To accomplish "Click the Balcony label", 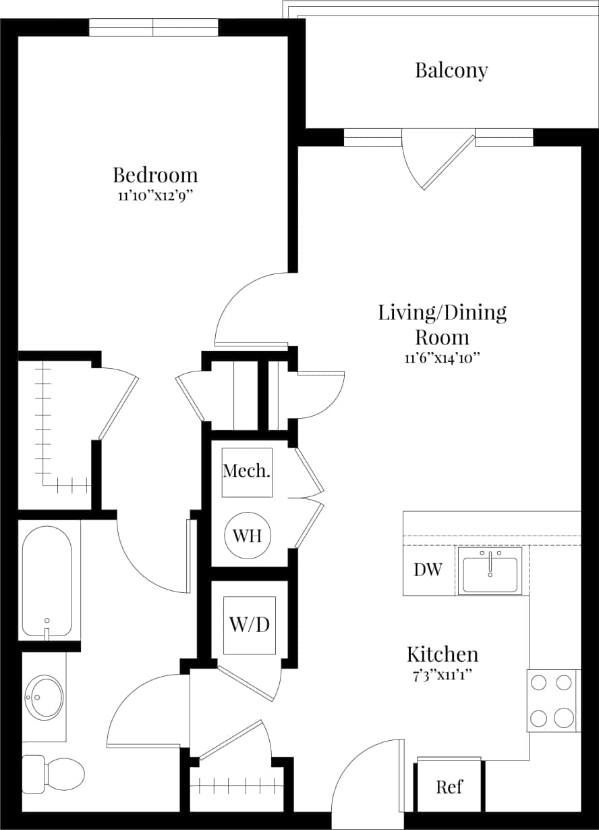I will (x=451, y=71).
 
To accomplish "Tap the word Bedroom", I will (x=155, y=176).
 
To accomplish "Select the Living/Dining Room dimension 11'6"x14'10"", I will (x=442, y=358).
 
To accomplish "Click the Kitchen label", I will (x=443, y=654).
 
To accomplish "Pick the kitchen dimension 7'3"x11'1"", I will (x=443, y=675).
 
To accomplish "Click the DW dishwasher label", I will (x=428, y=570).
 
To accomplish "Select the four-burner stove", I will (x=552, y=700).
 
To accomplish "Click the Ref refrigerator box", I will (x=449, y=787).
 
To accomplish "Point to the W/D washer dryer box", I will (x=250, y=625).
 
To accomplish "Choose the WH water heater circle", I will (x=248, y=536).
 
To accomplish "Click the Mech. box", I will (x=247, y=472).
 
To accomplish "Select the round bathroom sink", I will (x=45, y=696).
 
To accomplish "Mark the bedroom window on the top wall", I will (x=154, y=27).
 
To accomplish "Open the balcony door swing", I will (x=432, y=162).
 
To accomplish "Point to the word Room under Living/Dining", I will (x=442, y=336).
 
